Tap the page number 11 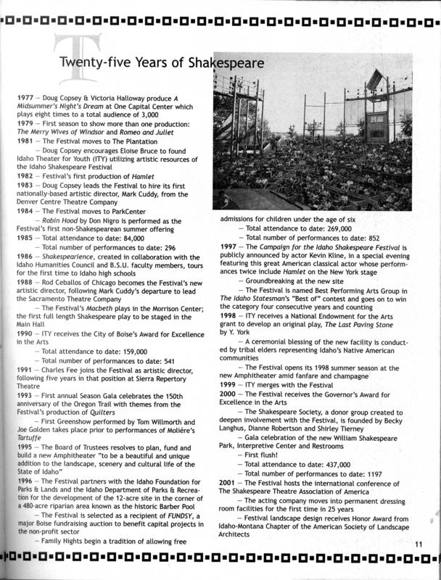419,545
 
